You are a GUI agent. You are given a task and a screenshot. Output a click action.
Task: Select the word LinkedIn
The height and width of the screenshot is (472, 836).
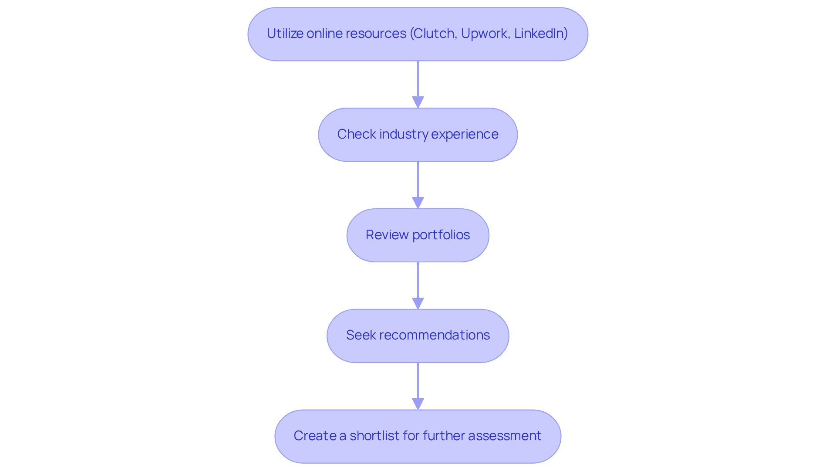pyautogui.click(x=540, y=34)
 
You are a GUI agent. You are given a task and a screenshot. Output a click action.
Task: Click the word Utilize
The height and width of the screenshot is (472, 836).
pyautogui.click(x=285, y=34)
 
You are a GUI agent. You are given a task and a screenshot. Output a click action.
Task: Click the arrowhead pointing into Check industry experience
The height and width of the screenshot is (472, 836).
pyautogui.click(x=418, y=102)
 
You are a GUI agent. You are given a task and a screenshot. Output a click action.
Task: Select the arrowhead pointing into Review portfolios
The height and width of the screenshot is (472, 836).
pyautogui.click(x=418, y=203)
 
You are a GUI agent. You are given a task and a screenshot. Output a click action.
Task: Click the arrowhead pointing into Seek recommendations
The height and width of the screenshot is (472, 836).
pyautogui.click(x=418, y=303)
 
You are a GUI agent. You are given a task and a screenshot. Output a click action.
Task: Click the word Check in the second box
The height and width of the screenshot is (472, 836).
pyautogui.click(x=356, y=134)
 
